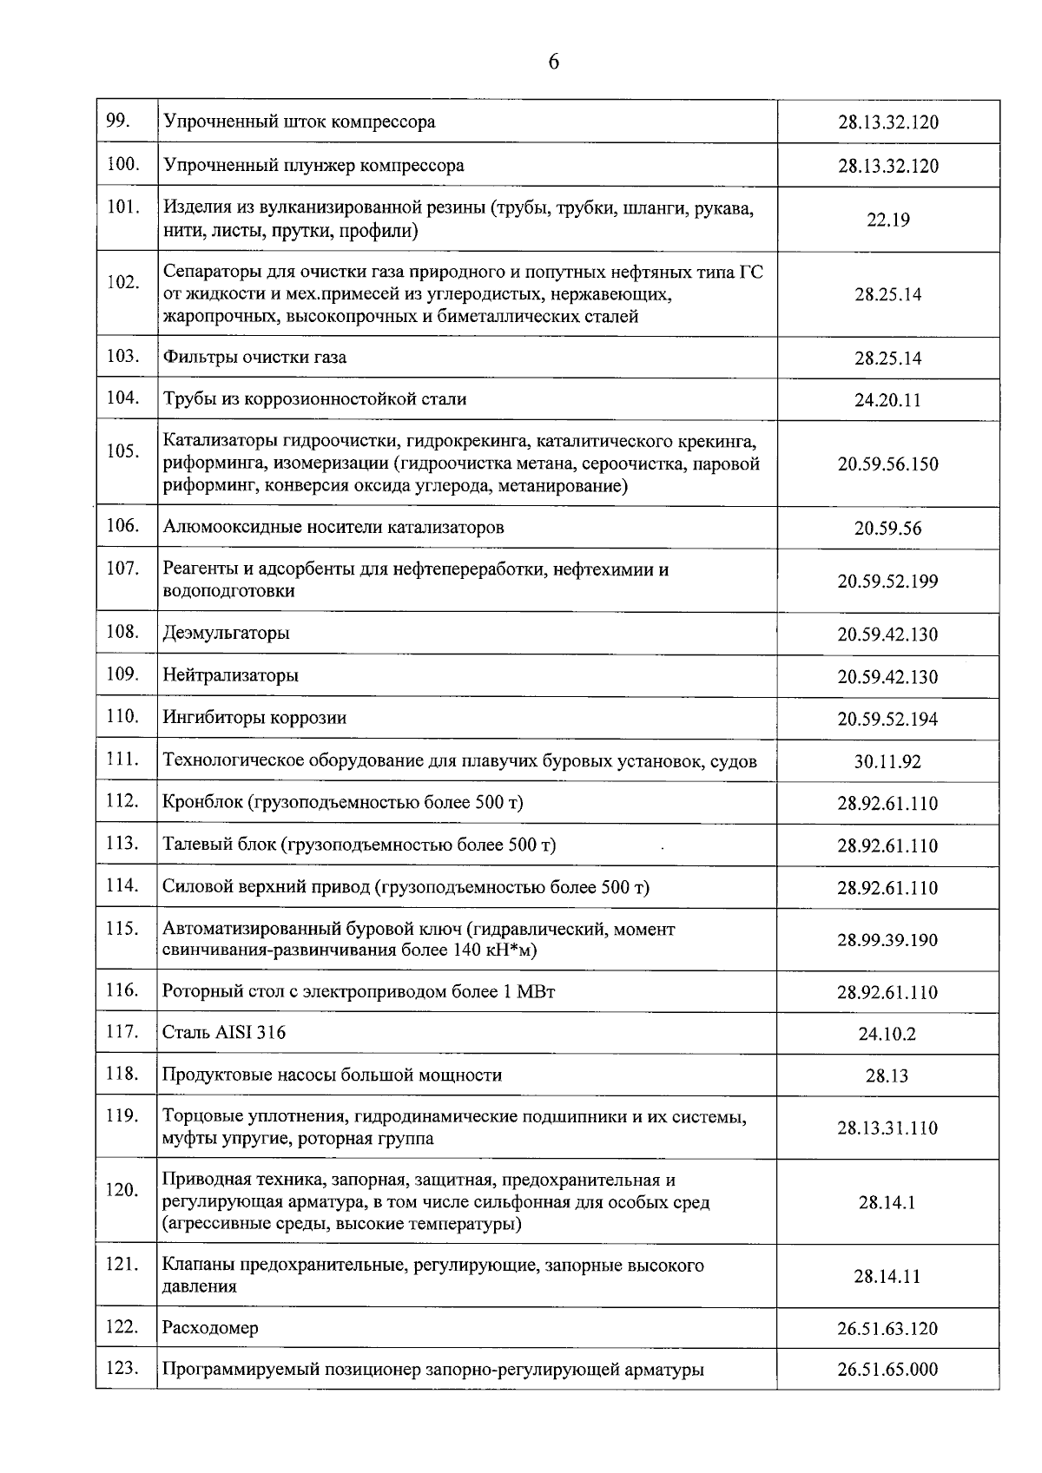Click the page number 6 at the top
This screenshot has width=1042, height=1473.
553,62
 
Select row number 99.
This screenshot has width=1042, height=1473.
117,121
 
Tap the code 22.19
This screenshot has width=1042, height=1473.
887,220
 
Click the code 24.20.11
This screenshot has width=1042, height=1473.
887,400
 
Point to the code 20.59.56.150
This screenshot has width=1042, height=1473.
887,464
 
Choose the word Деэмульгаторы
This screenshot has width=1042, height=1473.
226,633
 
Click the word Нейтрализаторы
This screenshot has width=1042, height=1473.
230,675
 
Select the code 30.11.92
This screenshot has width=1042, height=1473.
887,762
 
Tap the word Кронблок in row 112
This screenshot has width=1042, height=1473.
202,802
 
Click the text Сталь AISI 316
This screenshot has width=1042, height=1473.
223,1033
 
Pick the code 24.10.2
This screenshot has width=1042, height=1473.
887,1035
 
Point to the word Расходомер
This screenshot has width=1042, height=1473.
210,1328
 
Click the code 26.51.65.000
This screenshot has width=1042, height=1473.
887,1370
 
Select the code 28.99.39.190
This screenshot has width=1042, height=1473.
887,940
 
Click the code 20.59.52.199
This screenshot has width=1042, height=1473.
887,582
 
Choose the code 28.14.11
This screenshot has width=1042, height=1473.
887,1277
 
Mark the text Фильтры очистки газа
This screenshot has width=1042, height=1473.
254,357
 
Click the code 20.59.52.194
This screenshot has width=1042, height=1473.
887,720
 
